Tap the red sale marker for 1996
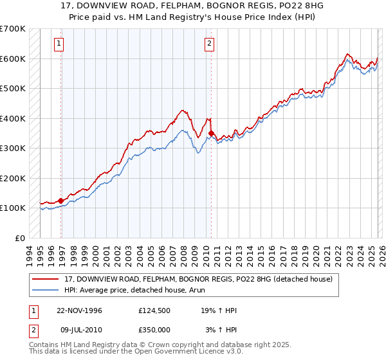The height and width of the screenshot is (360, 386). coord(61,201)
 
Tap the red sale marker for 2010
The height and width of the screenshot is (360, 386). coord(212,134)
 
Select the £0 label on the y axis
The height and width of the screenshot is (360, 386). coord(20,238)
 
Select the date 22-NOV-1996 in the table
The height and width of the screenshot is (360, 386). coord(80,310)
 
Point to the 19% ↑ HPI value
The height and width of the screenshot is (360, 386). coord(219,310)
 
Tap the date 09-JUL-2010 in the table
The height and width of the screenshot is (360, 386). coord(79,330)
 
